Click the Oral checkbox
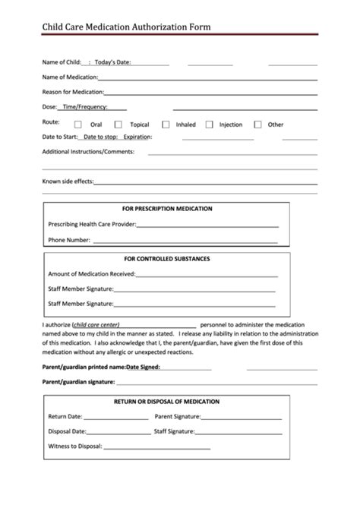[x=78, y=125]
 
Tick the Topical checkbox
[x=118, y=125]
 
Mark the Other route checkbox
[x=257, y=125]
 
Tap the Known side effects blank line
[x=204, y=183]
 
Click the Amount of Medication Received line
[x=205, y=275]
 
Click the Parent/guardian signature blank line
[x=219, y=383]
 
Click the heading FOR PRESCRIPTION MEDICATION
[x=167, y=209]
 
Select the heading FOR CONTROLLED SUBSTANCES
[x=167, y=259]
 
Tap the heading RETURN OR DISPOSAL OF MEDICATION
[x=166, y=401]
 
